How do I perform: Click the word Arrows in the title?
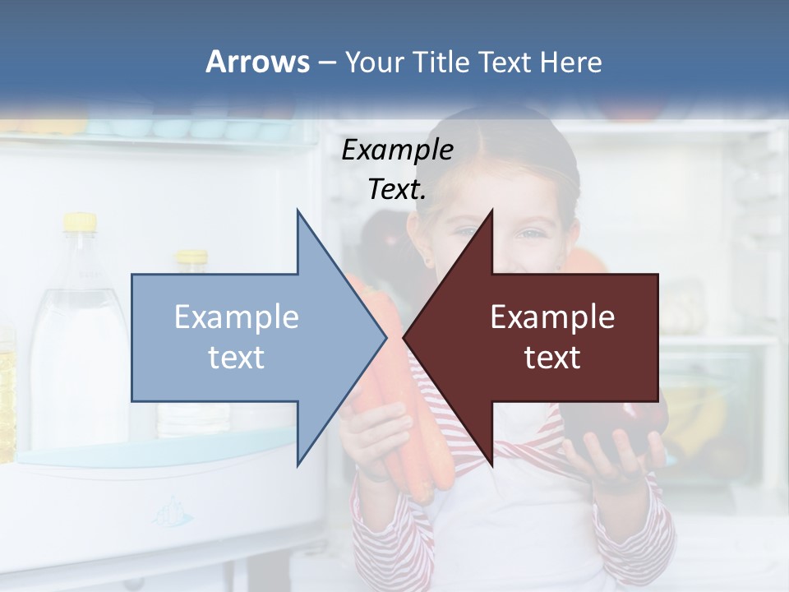(x=257, y=62)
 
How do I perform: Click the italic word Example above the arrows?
(x=398, y=150)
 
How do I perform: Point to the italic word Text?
(x=398, y=189)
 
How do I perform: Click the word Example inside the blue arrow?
(x=237, y=317)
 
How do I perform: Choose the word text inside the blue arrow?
(x=237, y=357)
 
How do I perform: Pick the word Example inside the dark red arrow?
(x=552, y=317)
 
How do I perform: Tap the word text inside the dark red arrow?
(x=552, y=357)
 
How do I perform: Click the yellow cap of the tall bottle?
(x=80, y=222)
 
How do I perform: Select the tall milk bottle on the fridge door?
(x=78, y=345)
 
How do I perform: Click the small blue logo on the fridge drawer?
(x=173, y=514)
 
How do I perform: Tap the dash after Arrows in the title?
(x=326, y=62)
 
